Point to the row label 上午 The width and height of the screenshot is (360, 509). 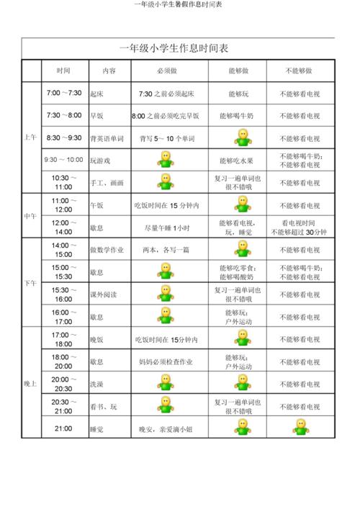31,138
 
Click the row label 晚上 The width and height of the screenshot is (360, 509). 31,383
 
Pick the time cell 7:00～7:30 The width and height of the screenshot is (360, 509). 63,94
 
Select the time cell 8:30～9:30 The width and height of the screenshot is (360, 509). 63,138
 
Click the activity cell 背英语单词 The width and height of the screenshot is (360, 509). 107,138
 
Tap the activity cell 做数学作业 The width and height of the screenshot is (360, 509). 107,250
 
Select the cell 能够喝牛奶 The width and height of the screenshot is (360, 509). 237,115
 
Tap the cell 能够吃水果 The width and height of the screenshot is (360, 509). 237,160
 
